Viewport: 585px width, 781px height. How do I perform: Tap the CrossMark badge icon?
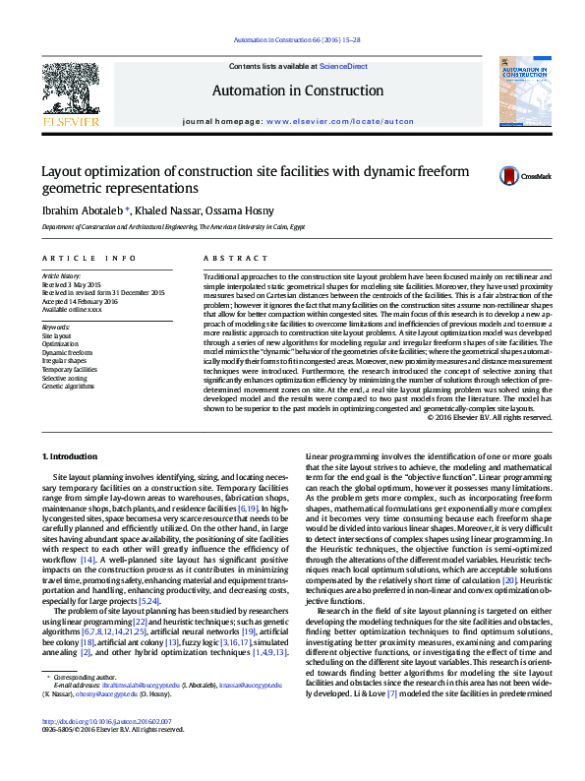(x=508, y=176)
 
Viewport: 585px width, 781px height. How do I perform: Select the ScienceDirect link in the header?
(x=343, y=66)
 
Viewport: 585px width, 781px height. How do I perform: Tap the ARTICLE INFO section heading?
(x=89, y=258)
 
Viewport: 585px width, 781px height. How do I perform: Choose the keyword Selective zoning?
(x=64, y=378)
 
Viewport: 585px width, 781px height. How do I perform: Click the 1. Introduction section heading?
(x=73, y=455)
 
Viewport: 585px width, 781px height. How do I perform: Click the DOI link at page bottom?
(x=105, y=749)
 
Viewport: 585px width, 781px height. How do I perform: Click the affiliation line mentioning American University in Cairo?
(x=173, y=226)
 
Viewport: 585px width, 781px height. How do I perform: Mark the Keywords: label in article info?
(x=56, y=327)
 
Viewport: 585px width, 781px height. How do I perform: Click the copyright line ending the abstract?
(x=489, y=418)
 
